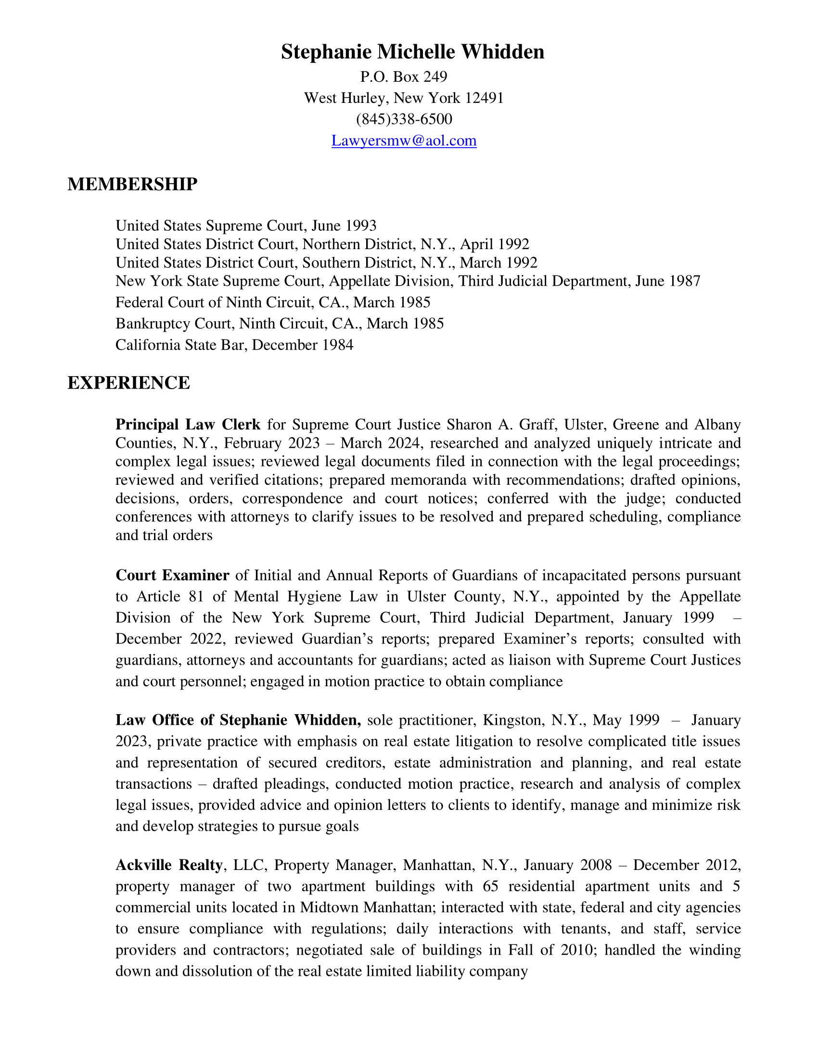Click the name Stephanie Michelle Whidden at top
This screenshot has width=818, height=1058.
pyautogui.click(x=412, y=52)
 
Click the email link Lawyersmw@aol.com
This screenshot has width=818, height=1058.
pyautogui.click(x=404, y=140)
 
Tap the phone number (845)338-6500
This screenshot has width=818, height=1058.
pyautogui.click(x=404, y=119)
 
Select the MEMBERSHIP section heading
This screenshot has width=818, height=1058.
pyautogui.click(x=132, y=185)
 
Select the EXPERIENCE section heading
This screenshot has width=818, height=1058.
pyautogui.click(x=128, y=383)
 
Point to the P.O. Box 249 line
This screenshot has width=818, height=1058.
pyautogui.click(x=404, y=76)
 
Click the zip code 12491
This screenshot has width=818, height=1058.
pyautogui.click(x=484, y=98)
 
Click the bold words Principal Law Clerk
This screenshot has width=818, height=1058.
pyautogui.click(x=188, y=424)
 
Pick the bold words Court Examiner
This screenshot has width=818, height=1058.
pyautogui.click(x=172, y=575)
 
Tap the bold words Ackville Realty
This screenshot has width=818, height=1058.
pyautogui.click(x=169, y=865)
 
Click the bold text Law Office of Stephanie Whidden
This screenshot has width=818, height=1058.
pyautogui.click(x=238, y=720)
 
